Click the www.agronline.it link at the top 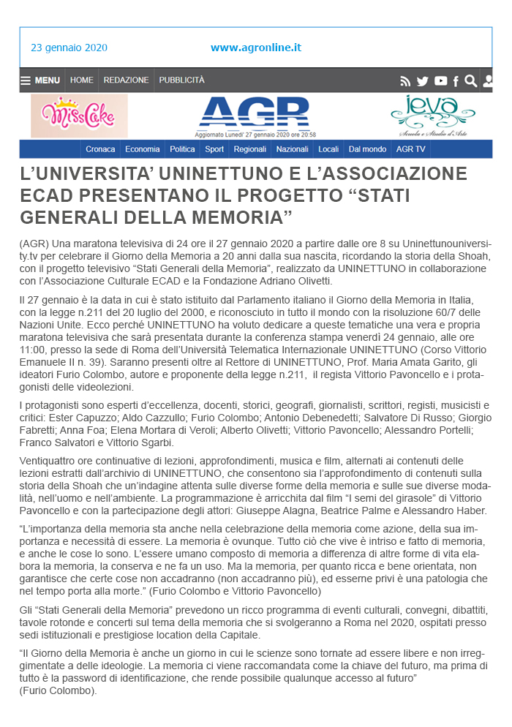[x=256, y=48]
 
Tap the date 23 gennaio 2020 [x=69, y=48]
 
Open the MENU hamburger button [x=40, y=80]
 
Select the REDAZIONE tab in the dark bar [x=126, y=80]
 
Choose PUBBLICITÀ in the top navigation [x=182, y=80]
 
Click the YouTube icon [x=440, y=81]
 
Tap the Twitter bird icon [x=423, y=81]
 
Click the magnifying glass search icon [x=471, y=81]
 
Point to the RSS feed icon [x=405, y=81]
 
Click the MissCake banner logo [x=79, y=116]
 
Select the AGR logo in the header [x=255, y=113]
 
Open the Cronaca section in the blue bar [x=100, y=149]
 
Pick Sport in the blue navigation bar [x=214, y=149]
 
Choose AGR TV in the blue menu [x=410, y=149]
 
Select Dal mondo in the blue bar [x=367, y=149]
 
